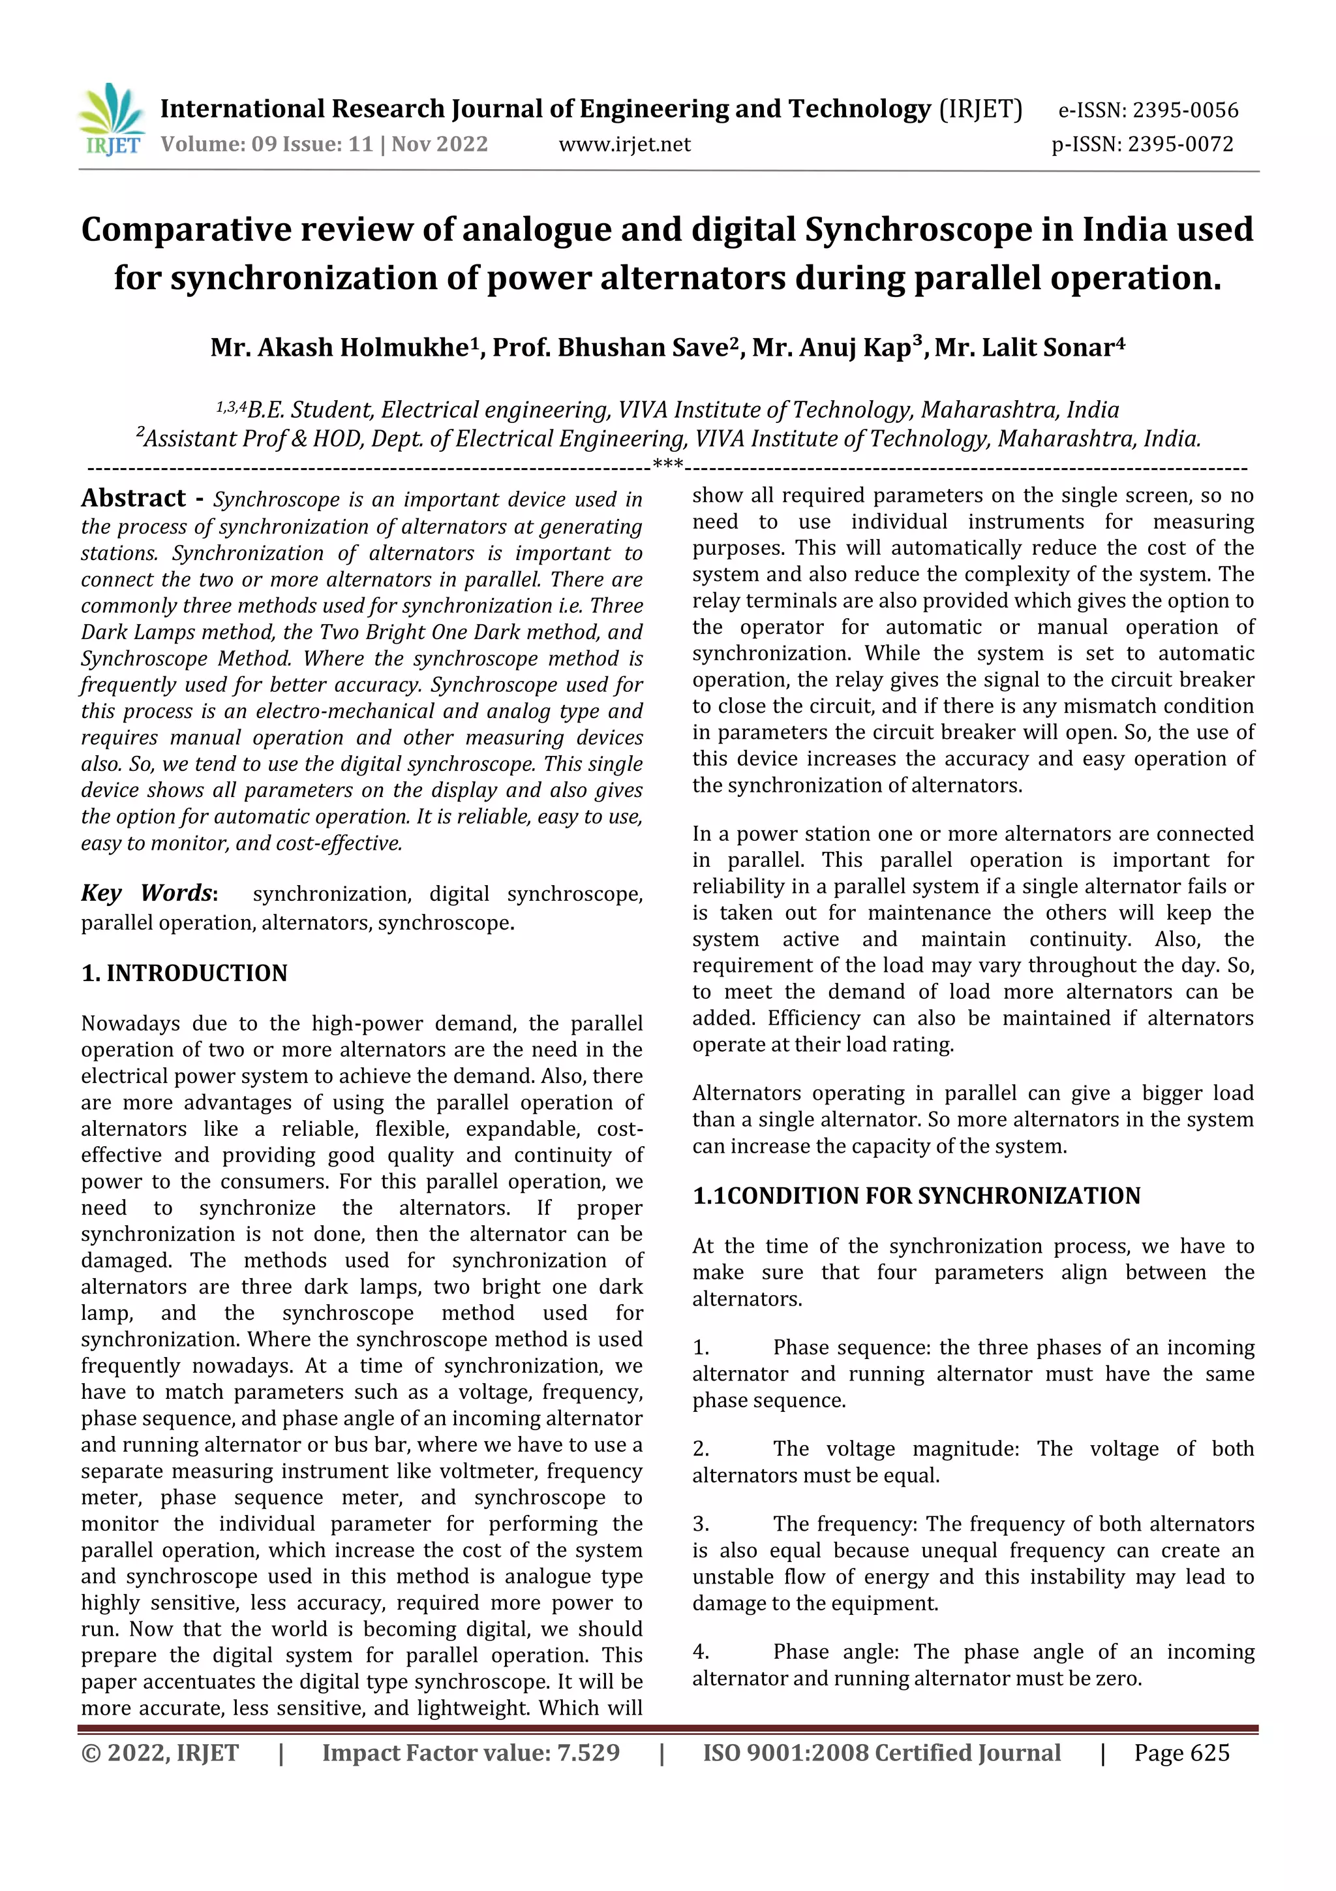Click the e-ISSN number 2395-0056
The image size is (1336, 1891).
point(1185,110)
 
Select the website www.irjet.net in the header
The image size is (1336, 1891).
point(624,145)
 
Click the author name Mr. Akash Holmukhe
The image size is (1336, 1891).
point(339,347)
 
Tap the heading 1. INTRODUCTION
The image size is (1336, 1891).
point(185,973)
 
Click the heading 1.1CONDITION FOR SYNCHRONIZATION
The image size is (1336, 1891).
point(916,1196)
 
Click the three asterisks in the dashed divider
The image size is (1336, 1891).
point(667,463)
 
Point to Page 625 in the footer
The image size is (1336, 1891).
point(1181,1753)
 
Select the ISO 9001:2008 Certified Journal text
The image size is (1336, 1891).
point(881,1753)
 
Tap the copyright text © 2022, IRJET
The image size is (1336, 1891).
point(160,1753)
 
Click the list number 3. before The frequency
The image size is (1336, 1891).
point(701,1525)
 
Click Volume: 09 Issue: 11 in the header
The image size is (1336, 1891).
point(267,145)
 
